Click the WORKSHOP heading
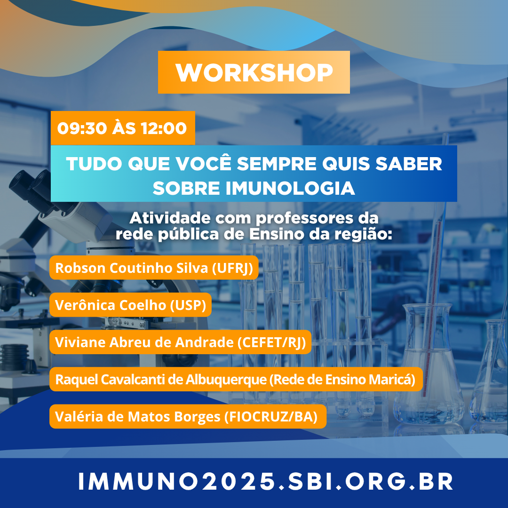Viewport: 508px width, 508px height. (254, 72)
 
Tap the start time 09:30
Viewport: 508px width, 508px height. (82, 128)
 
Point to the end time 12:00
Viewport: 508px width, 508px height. (164, 128)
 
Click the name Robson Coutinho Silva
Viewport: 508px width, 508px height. (132, 268)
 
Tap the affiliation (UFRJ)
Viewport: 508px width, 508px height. (232, 268)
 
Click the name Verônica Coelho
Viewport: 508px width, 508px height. (111, 305)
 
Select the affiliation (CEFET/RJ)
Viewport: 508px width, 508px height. (271, 342)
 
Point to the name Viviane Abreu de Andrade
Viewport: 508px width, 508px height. (144, 342)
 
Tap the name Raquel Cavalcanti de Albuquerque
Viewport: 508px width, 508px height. (161, 380)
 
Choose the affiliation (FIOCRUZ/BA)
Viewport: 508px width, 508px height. (271, 417)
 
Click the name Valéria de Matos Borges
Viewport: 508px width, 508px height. (138, 417)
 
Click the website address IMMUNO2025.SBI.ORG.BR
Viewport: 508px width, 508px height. (265, 481)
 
